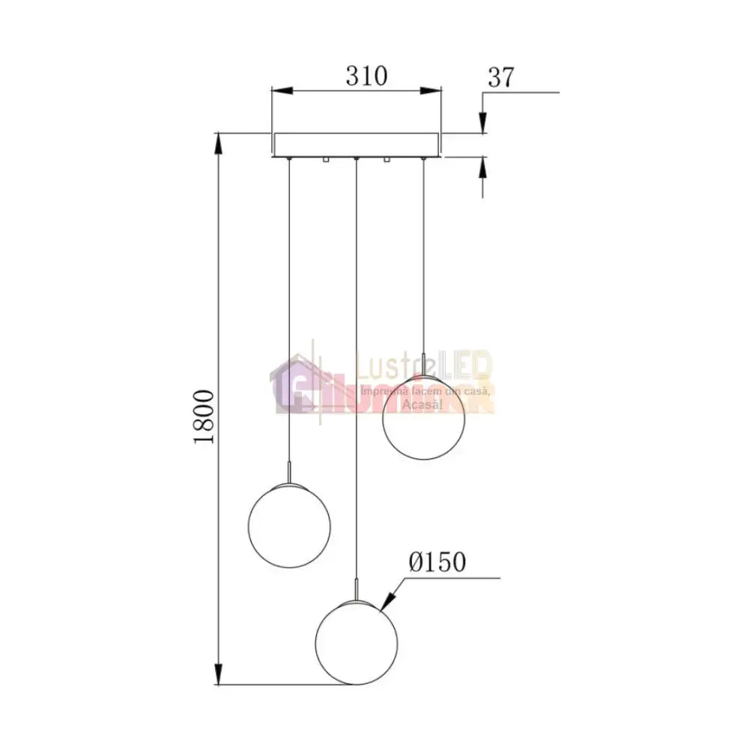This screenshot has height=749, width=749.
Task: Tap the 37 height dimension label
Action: [x=502, y=76]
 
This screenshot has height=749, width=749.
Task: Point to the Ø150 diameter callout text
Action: [x=437, y=562]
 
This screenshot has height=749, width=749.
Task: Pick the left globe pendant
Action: [x=288, y=526]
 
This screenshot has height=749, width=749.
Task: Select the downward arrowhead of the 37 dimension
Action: [x=483, y=124]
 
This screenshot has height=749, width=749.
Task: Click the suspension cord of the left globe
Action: [x=288, y=315]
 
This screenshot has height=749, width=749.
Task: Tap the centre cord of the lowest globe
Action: [x=357, y=374]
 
